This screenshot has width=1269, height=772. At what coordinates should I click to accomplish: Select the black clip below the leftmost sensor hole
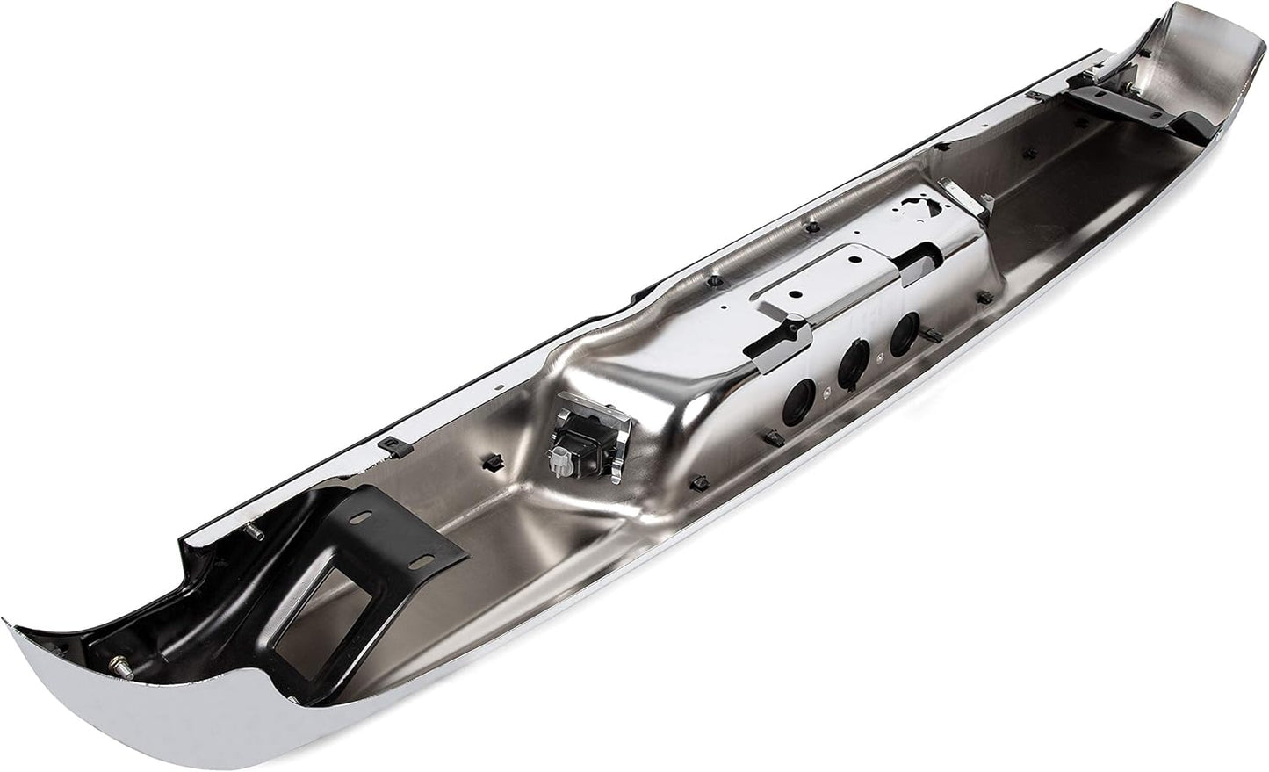(769, 437)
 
